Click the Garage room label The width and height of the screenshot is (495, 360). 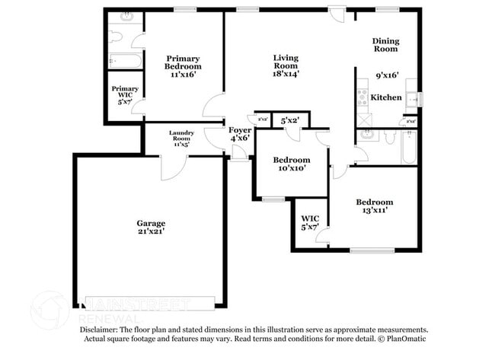151,223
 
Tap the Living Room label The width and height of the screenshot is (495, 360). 286,58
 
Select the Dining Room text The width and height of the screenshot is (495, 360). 385,44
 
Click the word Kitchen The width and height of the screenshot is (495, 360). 386,97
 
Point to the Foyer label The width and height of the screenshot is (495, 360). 239,130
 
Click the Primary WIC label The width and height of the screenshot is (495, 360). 125,89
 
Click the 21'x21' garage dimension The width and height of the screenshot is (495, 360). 151,231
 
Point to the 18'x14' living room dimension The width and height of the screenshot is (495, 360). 286,74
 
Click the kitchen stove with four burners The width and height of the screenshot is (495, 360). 362,97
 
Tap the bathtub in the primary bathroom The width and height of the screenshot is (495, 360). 125,60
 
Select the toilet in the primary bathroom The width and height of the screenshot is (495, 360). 116,36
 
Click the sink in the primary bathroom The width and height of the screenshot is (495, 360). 126,16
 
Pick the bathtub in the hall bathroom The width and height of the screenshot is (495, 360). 410,146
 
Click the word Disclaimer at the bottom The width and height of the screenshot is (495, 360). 98,330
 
